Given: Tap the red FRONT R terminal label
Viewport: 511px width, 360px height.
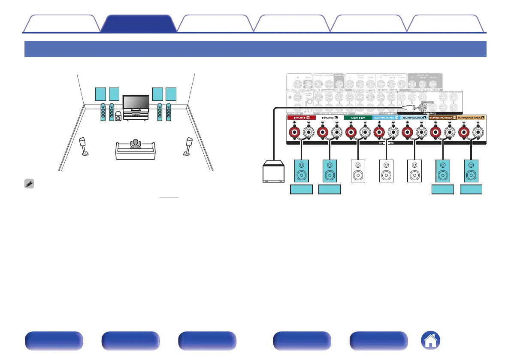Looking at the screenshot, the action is (302, 118).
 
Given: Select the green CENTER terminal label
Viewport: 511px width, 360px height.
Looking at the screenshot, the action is (358, 118).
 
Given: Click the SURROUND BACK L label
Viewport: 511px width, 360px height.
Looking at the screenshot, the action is (471, 118).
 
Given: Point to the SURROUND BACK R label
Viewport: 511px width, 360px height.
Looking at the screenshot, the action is (443, 118).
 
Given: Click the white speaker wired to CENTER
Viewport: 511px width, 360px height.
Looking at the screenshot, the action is (358, 170).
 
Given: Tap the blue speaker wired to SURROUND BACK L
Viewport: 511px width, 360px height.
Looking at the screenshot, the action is (472, 170).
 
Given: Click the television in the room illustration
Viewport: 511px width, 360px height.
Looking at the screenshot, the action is (136, 103).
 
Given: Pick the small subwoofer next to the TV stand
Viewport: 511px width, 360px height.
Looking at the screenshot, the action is (118, 116).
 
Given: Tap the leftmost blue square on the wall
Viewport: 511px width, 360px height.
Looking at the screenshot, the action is (100, 94).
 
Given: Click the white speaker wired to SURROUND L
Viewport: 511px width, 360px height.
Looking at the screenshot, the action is (415, 170).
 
